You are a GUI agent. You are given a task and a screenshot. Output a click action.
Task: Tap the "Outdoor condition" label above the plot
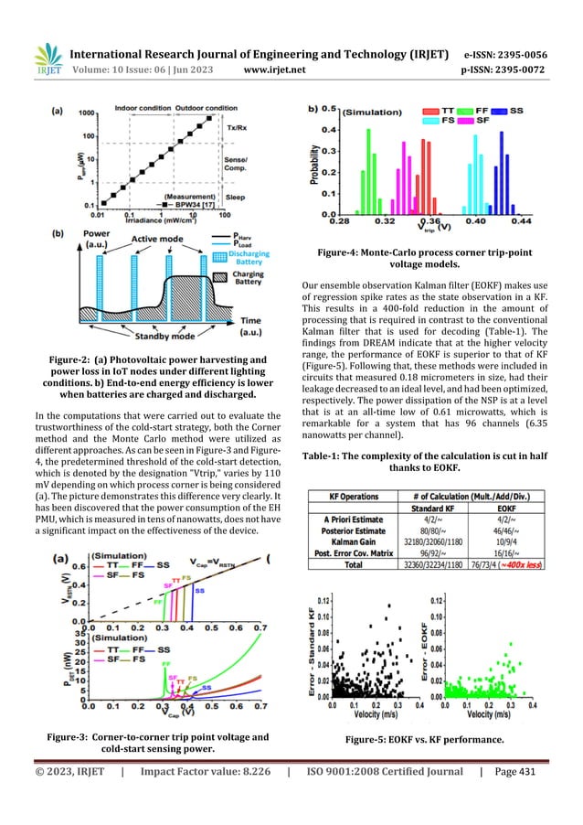(x=207, y=107)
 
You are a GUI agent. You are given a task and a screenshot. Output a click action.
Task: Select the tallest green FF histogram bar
(x=369, y=169)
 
